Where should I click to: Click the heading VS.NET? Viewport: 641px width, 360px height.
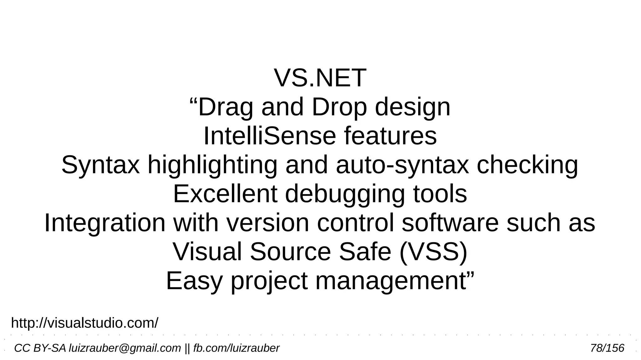pos(320,78)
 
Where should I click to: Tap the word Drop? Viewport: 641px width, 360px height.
pos(339,107)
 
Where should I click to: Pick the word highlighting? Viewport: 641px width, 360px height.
pos(212,165)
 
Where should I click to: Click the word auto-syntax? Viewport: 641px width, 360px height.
pos(402,165)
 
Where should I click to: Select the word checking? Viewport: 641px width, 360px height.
pos(527,165)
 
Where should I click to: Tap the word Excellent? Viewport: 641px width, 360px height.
pos(225,194)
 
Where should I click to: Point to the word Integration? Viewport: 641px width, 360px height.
pos(105,224)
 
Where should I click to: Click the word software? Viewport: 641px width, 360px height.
pos(450,223)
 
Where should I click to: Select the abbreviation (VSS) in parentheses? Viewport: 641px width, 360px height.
pos(433,252)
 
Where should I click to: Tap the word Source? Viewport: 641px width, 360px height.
pos(290,252)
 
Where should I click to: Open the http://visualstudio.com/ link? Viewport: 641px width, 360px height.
pos(85,323)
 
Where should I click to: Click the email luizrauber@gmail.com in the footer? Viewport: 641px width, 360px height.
pos(125,348)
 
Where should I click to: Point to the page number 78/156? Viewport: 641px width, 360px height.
pos(607,348)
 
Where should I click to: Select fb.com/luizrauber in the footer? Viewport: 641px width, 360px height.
pos(236,348)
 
